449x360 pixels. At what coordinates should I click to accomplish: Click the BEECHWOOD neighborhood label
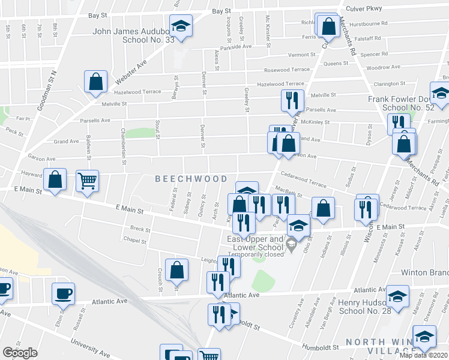click(x=191, y=179)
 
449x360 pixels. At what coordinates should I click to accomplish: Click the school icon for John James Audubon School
click(x=179, y=25)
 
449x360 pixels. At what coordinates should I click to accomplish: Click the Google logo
click(x=20, y=353)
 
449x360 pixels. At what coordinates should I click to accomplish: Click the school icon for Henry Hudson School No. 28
click(x=397, y=295)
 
